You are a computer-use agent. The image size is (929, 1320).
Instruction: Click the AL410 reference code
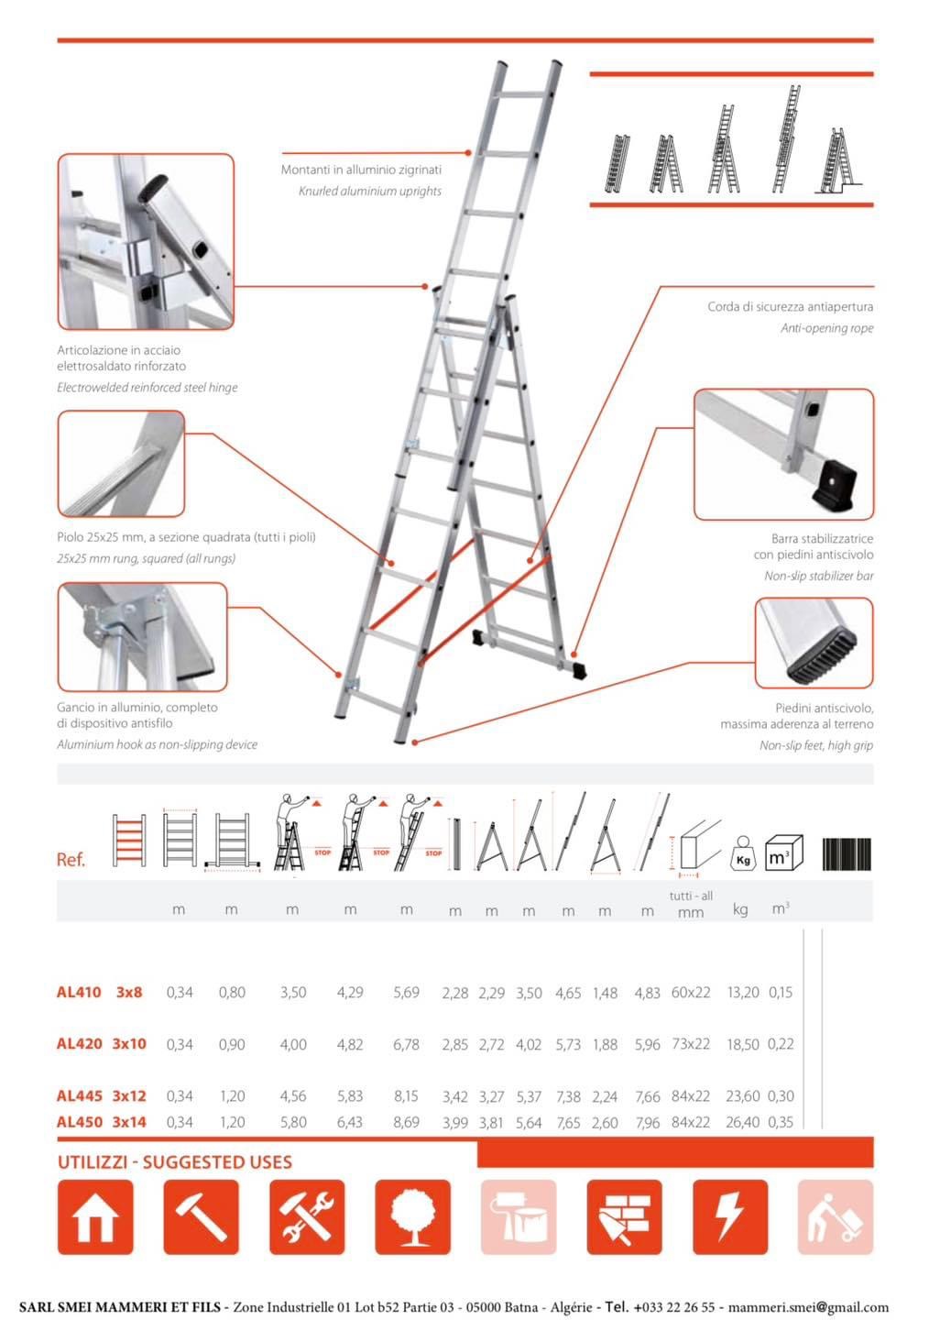click(79, 992)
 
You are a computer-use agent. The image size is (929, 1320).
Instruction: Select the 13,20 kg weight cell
click(742, 992)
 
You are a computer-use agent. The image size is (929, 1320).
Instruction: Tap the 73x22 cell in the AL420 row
click(691, 1044)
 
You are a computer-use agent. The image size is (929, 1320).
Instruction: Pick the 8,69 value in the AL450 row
click(406, 1122)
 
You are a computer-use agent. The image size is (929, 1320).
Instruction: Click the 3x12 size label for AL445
click(129, 1095)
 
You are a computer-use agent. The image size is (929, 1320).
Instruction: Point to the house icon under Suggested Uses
click(95, 1217)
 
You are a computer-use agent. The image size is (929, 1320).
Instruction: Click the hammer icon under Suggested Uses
click(201, 1217)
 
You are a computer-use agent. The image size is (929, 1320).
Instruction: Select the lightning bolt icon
click(729, 1217)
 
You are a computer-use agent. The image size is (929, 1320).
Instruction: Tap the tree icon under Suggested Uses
click(412, 1217)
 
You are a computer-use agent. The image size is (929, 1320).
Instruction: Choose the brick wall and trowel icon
click(624, 1217)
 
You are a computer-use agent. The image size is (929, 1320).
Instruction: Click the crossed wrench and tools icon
click(307, 1217)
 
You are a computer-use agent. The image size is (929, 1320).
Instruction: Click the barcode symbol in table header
click(846, 853)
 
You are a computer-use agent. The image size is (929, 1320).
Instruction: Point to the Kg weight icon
click(743, 853)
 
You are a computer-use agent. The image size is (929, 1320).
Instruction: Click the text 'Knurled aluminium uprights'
click(369, 191)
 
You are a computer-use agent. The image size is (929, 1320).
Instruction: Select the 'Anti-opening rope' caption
click(826, 328)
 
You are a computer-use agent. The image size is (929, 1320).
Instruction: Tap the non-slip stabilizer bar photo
click(783, 455)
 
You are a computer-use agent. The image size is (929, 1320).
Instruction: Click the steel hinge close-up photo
click(146, 242)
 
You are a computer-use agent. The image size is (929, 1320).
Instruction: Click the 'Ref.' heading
click(71, 860)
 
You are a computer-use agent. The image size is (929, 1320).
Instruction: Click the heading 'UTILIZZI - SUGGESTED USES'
click(175, 1162)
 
